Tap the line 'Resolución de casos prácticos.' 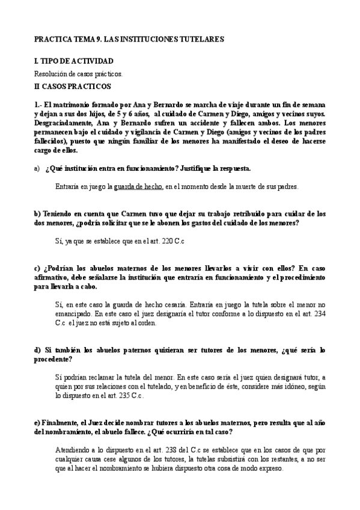pyautogui.click(x=79, y=73)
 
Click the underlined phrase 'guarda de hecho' pyautogui.click(x=138, y=187)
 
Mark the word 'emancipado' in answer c pyautogui.click(x=73, y=313)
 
